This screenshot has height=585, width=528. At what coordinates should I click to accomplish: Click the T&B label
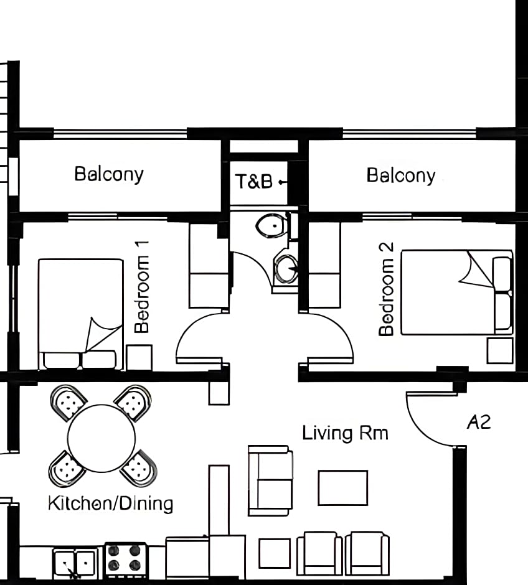pos(254,182)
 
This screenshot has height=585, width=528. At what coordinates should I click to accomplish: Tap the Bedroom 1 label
pos(142,286)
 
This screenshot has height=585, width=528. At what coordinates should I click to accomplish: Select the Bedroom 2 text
pos(386,289)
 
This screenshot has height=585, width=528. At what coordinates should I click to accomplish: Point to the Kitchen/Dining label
pos(110,503)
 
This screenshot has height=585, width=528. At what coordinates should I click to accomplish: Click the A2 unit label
pos(479,422)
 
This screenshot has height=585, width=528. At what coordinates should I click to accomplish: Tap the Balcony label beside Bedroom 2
pos(401,175)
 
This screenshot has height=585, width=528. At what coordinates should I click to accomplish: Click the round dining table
pos(101,438)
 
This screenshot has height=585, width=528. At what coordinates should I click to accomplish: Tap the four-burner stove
pos(125,558)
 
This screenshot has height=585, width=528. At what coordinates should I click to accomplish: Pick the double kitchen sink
pos(75,562)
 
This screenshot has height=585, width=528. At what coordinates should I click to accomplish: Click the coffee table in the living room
pos(343,488)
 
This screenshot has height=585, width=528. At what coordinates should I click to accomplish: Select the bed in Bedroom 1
pos(81,314)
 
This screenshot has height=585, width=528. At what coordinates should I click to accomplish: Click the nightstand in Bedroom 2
pos(500,351)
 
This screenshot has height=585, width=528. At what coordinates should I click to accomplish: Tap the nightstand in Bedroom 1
pos(139,358)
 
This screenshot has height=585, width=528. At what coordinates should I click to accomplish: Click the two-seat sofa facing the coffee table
pos(271,480)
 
